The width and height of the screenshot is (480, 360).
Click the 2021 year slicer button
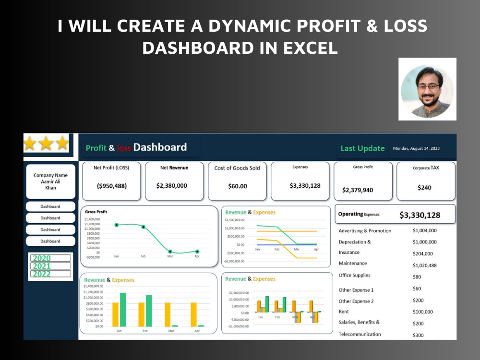pos(50,266)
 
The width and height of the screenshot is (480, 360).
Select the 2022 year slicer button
pos(50,274)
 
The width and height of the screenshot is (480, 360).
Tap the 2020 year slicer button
pos(50,258)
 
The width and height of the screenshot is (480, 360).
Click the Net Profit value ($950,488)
pos(112,186)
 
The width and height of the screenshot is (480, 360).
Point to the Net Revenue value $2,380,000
pos(172,186)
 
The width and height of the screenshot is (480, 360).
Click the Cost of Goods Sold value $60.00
pos(237,186)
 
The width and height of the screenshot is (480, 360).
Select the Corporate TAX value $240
pos(424,188)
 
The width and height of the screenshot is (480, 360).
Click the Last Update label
pos(362,148)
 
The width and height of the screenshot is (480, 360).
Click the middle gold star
pos(46,143)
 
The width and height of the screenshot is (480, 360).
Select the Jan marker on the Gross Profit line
pos(116,225)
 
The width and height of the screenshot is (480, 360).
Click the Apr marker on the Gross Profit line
pos(197,252)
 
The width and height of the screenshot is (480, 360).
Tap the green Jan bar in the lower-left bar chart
pos(123,309)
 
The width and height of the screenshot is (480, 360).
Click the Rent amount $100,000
pos(422,312)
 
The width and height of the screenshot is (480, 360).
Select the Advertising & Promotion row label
pos(365,231)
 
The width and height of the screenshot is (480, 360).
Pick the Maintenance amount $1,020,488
pos(425,265)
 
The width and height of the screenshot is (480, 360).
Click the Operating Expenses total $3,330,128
pos(420,215)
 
